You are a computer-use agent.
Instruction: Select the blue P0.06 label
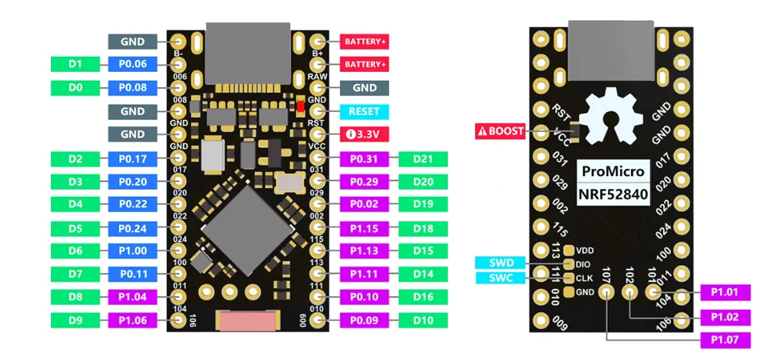pos(133,65)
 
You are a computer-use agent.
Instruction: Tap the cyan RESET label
pos(364,111)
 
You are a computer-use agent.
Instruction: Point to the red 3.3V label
pos(364,134)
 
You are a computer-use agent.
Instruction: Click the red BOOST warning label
pos(500,131)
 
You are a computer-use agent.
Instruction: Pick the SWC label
pos(501,278)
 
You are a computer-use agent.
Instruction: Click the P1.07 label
pos(726,340)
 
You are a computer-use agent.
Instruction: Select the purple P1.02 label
pos(726,316)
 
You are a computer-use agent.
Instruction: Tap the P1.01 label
pos(726,292)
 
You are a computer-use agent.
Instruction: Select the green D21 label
pos(423,159)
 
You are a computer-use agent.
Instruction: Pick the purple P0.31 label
pos(364,159)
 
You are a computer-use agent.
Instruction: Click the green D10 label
pos(423,320)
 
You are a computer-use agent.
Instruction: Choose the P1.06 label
pos(133,320)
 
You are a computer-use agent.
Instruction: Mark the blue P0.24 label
pos(133,229)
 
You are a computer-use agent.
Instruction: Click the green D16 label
pos(423,297)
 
